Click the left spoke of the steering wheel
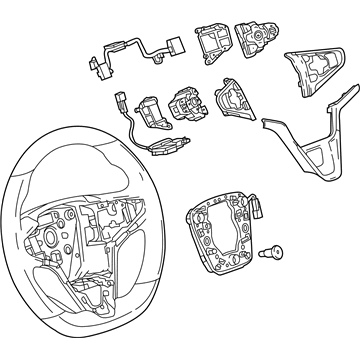40,240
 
